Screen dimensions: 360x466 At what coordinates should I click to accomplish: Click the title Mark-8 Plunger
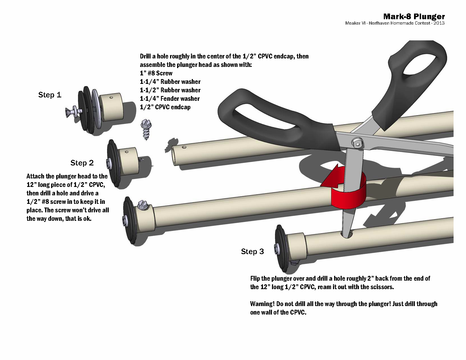pos(414,16)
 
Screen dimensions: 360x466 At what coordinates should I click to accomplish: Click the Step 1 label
pos(50,95)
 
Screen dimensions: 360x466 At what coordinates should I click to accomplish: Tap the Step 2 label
pos(82,163)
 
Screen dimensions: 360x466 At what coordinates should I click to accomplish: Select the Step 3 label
pos(252,252)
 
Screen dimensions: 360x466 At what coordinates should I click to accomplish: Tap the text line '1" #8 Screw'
pos(156,73)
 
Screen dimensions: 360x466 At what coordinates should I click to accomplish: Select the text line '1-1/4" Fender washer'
pos(170,99)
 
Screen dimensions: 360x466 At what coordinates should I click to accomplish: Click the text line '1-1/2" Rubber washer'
pos(170,90)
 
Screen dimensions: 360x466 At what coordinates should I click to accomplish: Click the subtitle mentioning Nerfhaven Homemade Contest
pos(395,23)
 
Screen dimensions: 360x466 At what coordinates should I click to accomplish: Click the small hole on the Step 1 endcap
pos(112,98)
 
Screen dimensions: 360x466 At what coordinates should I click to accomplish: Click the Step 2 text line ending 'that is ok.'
pos(59,219)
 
